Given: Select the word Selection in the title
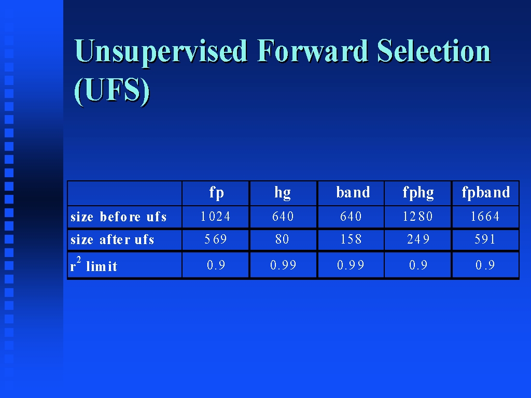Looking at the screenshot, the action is pyautogui.click(x=434, y=51).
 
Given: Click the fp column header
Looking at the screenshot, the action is pyautogui.click(x=217, y=193).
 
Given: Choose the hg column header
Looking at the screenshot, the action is pyautogui.click(x=283, y=193).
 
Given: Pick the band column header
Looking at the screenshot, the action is pyautogui.click(x=353, y=192).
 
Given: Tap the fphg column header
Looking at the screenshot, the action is pyautogui.click(x=418, y=193).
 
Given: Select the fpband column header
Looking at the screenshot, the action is pyautogui.click(x=486, y=193).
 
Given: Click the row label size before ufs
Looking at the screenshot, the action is pyautogui.click(x=119, y=217).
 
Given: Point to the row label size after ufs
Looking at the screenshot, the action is pyautogui.click(x=112, y=239).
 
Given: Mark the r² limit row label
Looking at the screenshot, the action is pyautogui.click(x=93, y=265).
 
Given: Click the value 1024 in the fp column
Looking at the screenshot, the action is pyautogui.click(x=215, y=216).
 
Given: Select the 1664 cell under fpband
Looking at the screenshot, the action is pyautogui.click(x=485, y=216).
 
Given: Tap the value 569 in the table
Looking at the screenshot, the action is pyautogui.click(x=215, y=239).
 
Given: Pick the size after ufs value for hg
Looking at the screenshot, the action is pyautogui.click(x=282, y=239).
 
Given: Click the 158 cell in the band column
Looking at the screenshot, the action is pyautogui.click(x=351, y=239).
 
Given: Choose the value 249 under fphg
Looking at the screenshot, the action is pyautogui.click(x=418, y=239).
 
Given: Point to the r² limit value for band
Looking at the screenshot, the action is pyautogui.click(x=351, y=265).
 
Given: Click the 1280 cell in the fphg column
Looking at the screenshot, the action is pyautogui.click(x=417, y=216).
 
